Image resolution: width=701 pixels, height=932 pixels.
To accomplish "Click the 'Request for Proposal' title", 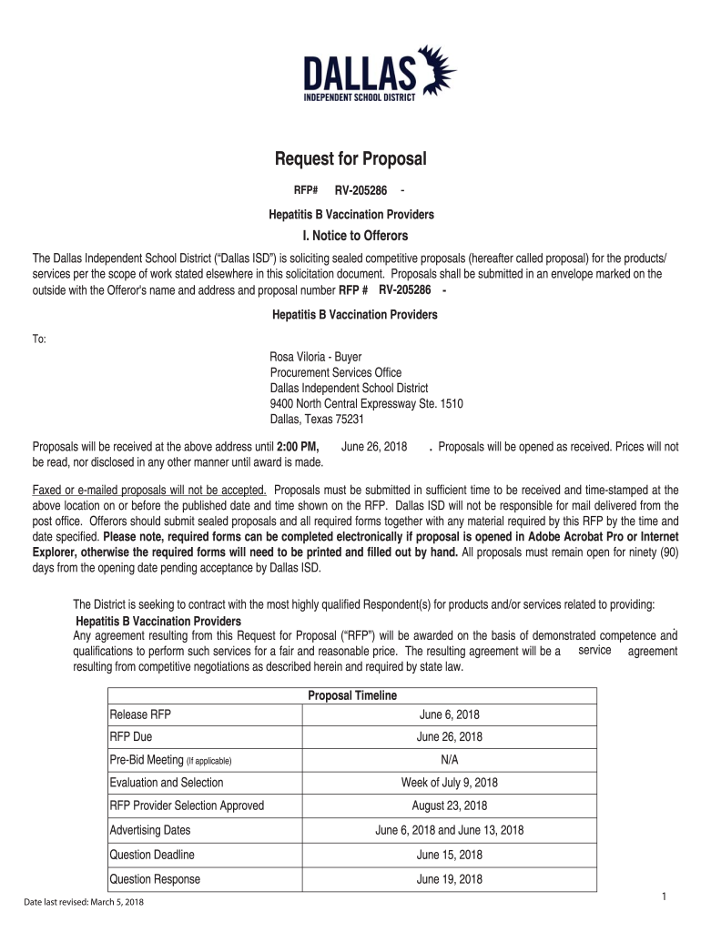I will [x=350, y=160].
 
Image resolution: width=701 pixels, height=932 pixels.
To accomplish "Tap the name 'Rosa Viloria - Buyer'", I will [x=315, y=358].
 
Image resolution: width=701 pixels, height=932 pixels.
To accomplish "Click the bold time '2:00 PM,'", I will [x=297, y=447].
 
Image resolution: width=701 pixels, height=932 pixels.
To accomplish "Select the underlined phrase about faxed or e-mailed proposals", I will [x=149, y=490].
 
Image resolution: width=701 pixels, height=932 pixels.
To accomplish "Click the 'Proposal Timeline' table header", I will [x=352, y=696].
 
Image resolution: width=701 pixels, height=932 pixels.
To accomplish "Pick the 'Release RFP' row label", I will [x=139, y=714].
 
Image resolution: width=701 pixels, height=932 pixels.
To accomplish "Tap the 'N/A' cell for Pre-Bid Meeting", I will [x=449, y=760].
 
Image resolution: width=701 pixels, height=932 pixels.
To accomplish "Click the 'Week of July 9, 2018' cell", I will [x=449, y=783].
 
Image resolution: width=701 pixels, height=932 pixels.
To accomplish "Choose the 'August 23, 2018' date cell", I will [x=449, y=805].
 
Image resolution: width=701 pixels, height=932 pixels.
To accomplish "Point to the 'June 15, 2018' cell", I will [x=449, y=855].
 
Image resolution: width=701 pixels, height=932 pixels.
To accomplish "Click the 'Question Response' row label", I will [x=155, y=879].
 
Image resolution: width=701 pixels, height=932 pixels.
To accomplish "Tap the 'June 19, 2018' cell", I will [x=449, y=879].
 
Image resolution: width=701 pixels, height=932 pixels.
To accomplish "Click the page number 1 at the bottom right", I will [x=665, y=897].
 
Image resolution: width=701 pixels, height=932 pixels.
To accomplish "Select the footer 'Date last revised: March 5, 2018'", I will [x=84, y=902].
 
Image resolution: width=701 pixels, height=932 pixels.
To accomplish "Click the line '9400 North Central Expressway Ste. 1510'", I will [x=366, y=404].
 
